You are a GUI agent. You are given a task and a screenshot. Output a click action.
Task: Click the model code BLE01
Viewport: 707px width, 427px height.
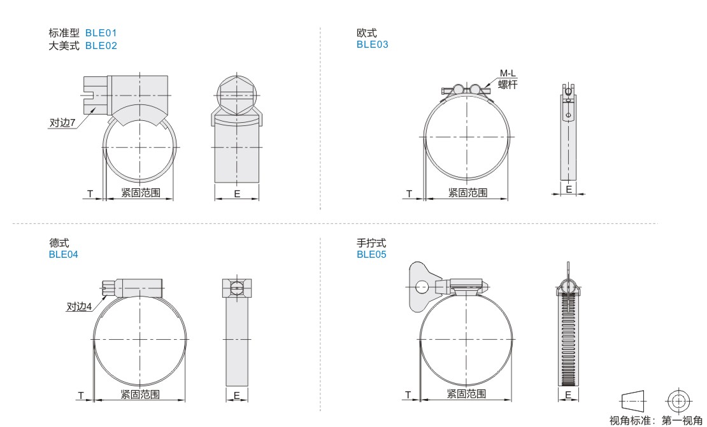click(x=101, y=33)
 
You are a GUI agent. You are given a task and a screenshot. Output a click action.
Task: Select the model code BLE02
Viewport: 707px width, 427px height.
click(x=101, y=45)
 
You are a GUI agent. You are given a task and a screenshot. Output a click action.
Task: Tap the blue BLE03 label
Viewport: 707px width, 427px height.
click(x=372, y=44)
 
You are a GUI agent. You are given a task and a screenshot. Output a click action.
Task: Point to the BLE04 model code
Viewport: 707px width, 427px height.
click(x=63, y=255)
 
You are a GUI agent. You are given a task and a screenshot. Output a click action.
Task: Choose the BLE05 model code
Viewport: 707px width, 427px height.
click(x=371, y=255)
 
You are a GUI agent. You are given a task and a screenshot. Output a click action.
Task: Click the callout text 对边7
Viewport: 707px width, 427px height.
click(x=62, y=123)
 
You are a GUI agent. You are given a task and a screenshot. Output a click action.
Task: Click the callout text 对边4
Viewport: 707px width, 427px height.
click(x=79, y=307)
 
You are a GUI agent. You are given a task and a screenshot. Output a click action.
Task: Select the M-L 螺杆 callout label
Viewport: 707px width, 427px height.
click(x=508, y=79)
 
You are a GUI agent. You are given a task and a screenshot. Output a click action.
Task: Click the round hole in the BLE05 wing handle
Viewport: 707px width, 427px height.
click(x=422, y=286)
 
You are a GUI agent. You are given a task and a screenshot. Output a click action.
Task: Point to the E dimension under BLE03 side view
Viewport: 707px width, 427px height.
click(x=569, y=189)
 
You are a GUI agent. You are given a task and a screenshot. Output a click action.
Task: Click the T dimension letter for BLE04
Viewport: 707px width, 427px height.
click(x=81, y=395)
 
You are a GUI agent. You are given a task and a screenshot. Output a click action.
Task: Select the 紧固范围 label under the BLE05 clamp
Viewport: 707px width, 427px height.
click(x=466, y=394)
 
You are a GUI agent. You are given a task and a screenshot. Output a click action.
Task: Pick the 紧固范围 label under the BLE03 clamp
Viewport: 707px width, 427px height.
click(x=468, y=193)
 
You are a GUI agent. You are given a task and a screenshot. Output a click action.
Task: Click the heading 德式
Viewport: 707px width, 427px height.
click(x=59, y=243)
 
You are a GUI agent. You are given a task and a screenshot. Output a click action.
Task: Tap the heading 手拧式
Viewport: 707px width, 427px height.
click(x=371, y=243)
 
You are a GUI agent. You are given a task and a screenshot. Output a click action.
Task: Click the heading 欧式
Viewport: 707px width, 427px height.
click(x=367, y=33)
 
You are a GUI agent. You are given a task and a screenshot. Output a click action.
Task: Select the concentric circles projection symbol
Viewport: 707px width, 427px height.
click(x=678, y=400)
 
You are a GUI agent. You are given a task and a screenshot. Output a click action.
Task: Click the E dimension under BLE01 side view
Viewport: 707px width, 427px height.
click(x=237, y=194)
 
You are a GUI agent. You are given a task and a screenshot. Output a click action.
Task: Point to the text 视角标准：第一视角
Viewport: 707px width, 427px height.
click(x=655, y=421)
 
